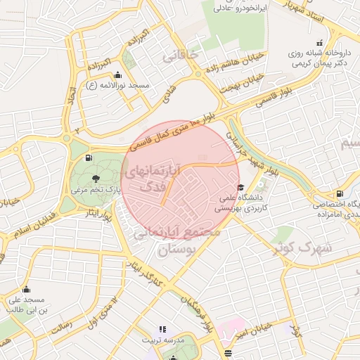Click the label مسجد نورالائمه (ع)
[117, 85]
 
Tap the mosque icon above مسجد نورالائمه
[117, 75]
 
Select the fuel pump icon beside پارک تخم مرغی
[88, 157]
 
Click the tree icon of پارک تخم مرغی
[96, 179]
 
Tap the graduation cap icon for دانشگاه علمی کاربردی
[241, 187]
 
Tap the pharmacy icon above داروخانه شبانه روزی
[321, 42]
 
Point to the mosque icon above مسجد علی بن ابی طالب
[27, 289]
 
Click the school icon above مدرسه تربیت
[163, 329]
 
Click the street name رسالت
[61, 325]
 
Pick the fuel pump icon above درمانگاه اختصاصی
[340, 193]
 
